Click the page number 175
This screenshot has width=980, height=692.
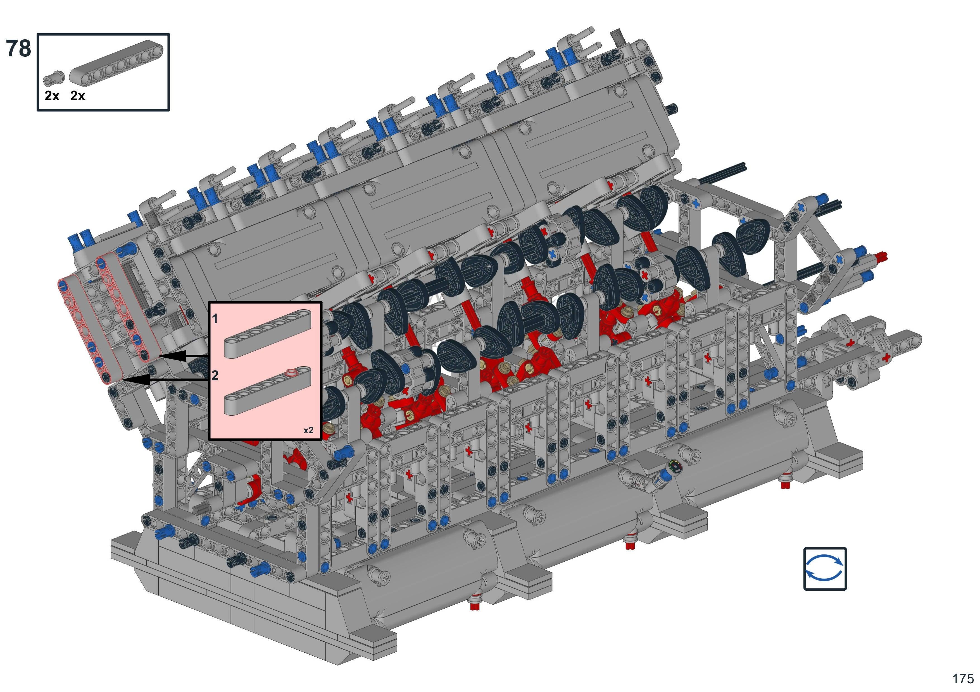click(x=963, y=678)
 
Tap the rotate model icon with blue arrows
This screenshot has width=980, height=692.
click(x=825, y=569)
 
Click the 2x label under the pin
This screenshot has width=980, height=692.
click(x=52, y=96)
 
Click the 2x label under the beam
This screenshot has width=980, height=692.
click(x=78, y=96)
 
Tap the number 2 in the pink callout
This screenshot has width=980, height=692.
click(x=215, y=375)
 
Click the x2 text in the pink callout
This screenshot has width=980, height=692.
click(x=308, y=430)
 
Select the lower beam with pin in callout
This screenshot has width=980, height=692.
click(x=268, y=391)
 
